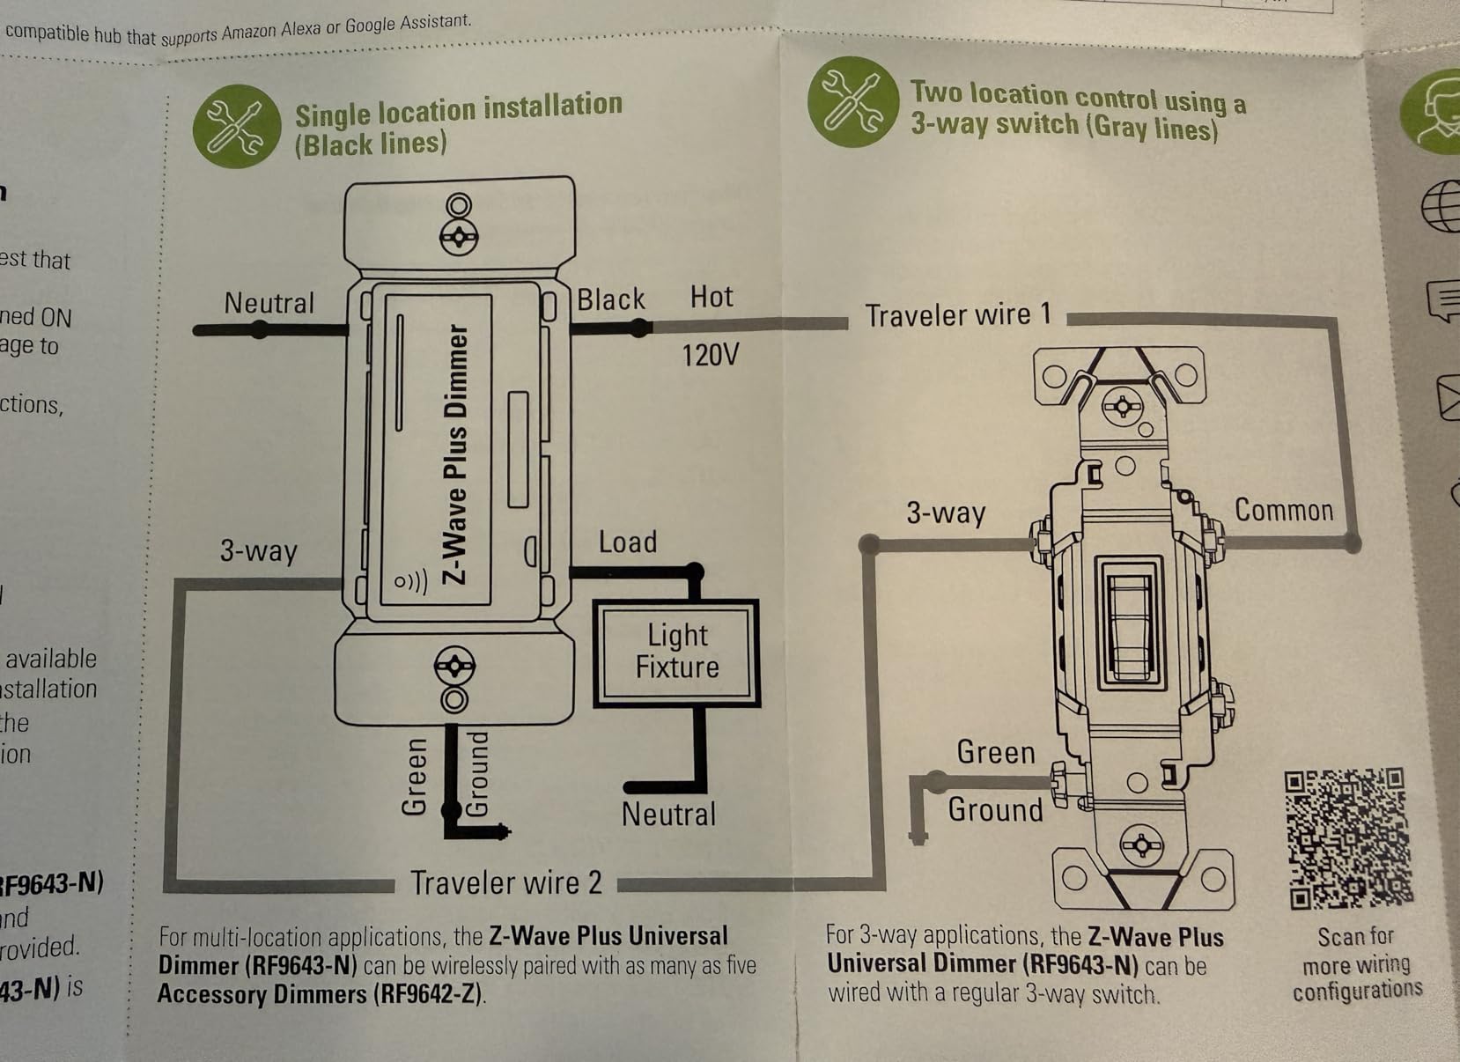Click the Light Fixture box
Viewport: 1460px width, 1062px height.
pyautogui.click(x=676, y=653)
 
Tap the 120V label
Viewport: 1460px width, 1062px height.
pyautogui.click(x=710, y=355)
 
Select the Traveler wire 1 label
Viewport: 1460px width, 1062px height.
pyautogui.click(x=958, y=315)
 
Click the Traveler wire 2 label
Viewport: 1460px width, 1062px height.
pyautogui.click(x=506, y=882)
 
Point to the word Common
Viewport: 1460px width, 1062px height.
pyautogui.click(x=1283, y=510)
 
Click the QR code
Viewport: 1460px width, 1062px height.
pyautogui.click(x=1347, y=837)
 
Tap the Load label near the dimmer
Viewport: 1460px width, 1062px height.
pyautogui.click(x=628, y=542)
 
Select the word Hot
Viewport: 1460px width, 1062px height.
pyautogui.click(x=711, y=297)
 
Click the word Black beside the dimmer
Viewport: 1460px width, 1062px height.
pyautogui.click(x=611, y=299)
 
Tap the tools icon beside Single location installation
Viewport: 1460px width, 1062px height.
pyautogui.click(x=236, y=127)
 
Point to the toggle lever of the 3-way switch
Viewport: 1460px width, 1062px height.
pyautogui.click(x=1130, y=621)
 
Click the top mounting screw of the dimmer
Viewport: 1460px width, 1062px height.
pyautogui.click(x=458, y=236)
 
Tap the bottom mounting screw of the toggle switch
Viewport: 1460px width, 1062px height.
pyautogui.click(x=1141, y=846)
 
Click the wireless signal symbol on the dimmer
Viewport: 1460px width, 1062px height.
pyautogui.click(x=410, y=581)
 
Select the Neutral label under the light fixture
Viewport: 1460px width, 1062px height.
pyautogui.click(x=668, y=814)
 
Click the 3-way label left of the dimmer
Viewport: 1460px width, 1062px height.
pyautogui.click(x=259, y=550)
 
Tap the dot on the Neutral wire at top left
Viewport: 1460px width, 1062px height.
pyautogui.click(x=259, y=330)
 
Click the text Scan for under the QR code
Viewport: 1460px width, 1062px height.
pyautogui.click(x=1355, y=936)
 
